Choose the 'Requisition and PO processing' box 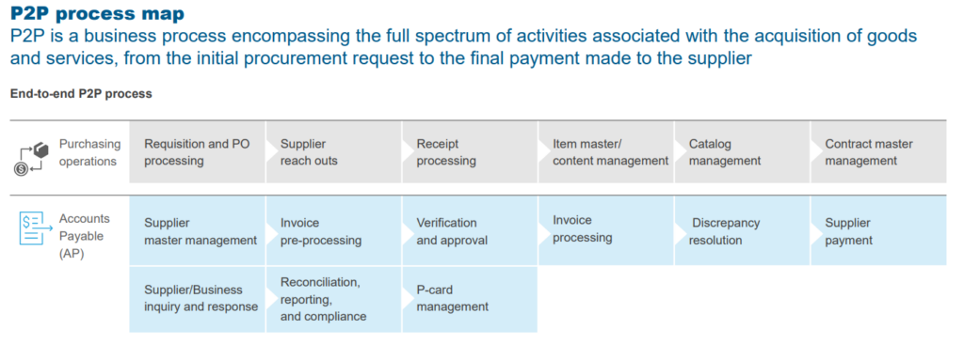click(x=197, y=152)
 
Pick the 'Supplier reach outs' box click(x=333, y=152)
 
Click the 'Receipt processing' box click(x=470, y=152)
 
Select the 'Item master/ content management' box click(x=605, y=152)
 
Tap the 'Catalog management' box click(x=742, y=152)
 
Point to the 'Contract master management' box click(x=878, y=152)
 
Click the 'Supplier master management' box click(x=197, y=231)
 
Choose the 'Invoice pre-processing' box click(x=333, y=231)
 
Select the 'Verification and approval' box click(x=470, y=231)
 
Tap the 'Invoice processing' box click(x=605, y=230)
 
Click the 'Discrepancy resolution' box click(x=742, y=231)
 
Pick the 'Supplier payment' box click(x=878, y=231)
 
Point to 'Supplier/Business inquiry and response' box click(x=197, y=299)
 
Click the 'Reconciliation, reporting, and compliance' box click(x=333, y=299)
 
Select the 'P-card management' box click(x=470, y=299)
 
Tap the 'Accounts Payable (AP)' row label click(x=85, y=236)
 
